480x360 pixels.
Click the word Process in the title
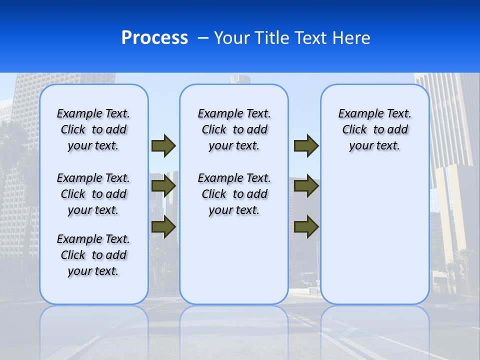(154, 38)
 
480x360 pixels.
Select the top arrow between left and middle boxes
(163, 145)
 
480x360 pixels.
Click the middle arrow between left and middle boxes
(163, 186)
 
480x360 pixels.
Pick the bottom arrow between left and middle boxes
(163, 226)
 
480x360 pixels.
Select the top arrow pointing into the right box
(306, 145)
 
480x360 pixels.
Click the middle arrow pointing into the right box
(306, 186)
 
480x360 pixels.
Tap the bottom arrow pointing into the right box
(306, 226)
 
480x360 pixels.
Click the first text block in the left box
(93, 129)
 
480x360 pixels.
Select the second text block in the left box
(93, 194)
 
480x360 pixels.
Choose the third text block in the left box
(93, 255)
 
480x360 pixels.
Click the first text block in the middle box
(234, 129)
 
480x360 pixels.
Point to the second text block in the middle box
(234, 194)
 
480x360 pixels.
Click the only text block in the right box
(374, 129)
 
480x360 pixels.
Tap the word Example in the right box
(358, 114)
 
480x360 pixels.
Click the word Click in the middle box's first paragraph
(213, 130)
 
